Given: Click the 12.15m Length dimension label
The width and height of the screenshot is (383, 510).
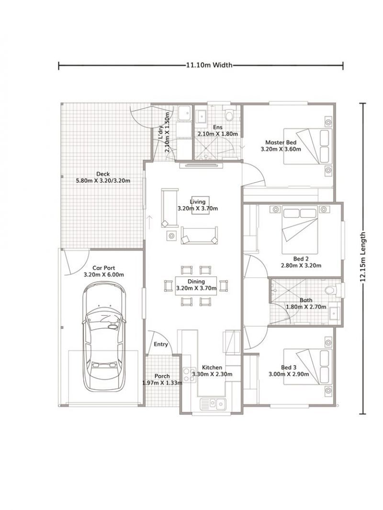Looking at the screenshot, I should click(365, 258).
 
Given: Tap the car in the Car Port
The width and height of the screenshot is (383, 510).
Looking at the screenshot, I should click(104, 335).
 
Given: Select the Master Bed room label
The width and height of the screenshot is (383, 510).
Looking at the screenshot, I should click(281, 143).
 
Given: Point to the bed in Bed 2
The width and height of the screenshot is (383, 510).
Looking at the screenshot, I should click(299, 230).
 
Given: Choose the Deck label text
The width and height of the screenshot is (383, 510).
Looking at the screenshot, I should click(103, 174).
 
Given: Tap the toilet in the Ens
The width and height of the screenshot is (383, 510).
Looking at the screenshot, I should click(229, 115).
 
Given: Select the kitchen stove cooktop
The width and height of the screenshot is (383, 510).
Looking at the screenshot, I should click(188, 374).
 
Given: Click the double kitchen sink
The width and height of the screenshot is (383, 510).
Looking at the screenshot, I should click(213, 404).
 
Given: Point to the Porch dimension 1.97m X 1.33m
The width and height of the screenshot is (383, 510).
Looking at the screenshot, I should click(162, 383).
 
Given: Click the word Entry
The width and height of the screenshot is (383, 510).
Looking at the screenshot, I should click(160, 344).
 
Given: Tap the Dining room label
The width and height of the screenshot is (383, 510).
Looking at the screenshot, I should click(196, 281).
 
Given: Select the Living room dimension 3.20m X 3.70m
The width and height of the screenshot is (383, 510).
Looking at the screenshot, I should click(197, 209).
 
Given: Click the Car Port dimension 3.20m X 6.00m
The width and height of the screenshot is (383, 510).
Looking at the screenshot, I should click(104, 275).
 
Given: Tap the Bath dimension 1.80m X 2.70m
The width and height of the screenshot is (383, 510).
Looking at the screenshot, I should click(306, 307).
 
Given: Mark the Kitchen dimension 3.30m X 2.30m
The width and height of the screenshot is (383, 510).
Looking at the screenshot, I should click(212, 374).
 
